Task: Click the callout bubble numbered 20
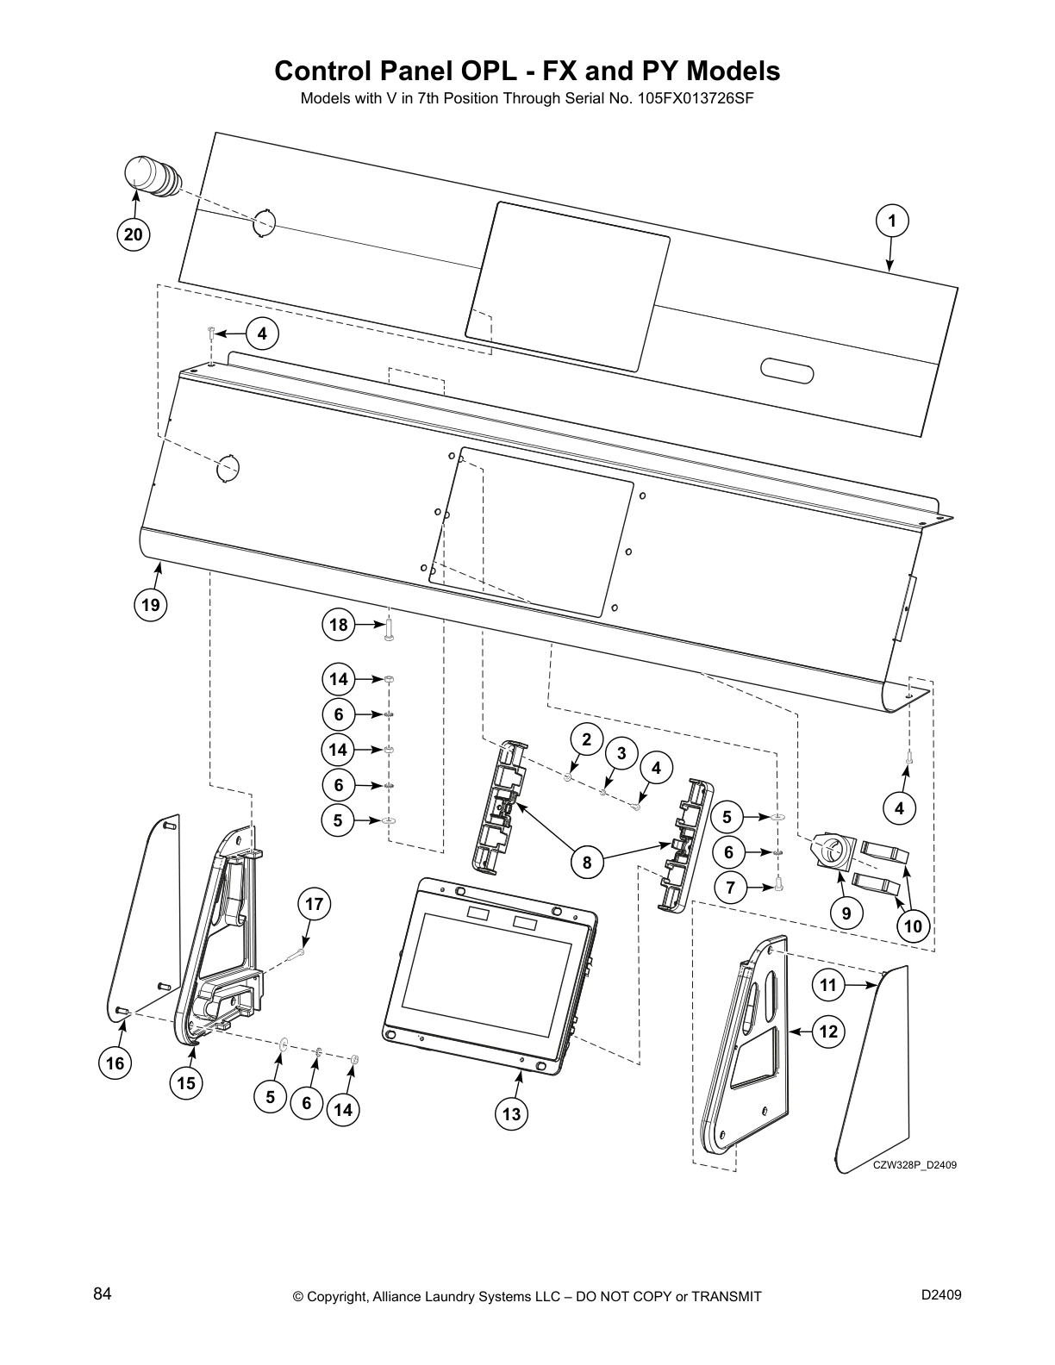coord(134,234)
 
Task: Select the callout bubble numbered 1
coord(892,221)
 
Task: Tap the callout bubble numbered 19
coord(151,605)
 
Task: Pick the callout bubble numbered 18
coord(339,624)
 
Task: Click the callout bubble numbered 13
coord(511,1113)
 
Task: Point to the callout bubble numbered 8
coord(587,862)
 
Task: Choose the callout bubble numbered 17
coord(315,904)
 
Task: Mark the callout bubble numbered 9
coord(846,913)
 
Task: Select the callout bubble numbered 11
coord(828,985)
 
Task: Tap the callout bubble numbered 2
coord(587,739)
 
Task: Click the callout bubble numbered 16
coord(115,1063)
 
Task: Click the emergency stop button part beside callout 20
coord(149,177)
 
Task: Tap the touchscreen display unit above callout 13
coord(488,969)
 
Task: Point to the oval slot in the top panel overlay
coord(787,371)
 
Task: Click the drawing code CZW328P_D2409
coord(915,1165)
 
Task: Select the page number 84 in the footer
coord(102,1293)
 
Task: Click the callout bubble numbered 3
coord(621,752)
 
